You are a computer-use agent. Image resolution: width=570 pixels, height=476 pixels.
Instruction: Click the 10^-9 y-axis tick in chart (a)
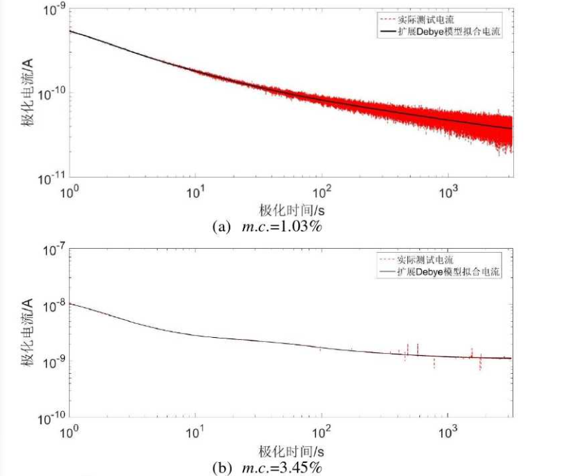coord(55,10)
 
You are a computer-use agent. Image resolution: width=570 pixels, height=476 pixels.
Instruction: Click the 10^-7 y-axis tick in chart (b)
coord(55,247)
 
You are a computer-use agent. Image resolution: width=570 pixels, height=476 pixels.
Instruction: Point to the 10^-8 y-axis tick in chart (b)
coord(55,304)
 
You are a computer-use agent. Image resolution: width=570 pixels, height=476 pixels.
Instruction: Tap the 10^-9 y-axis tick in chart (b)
coord(55,361)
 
